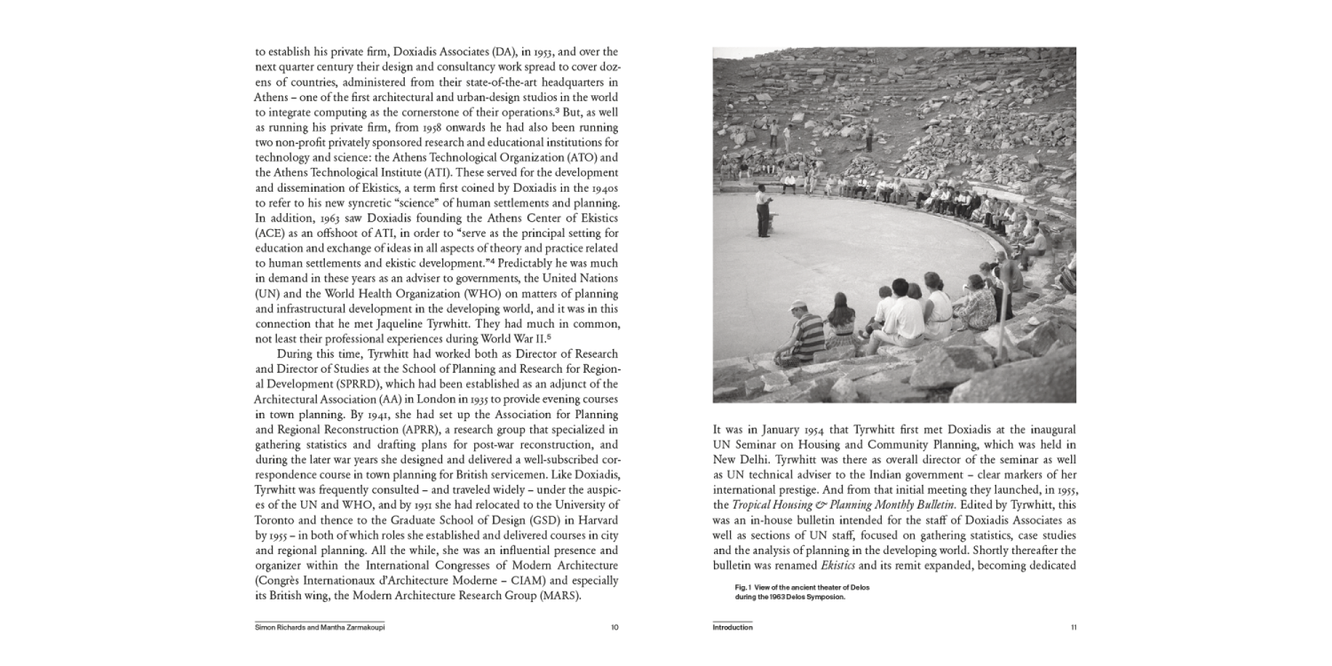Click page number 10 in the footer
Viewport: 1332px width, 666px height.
[614, 627]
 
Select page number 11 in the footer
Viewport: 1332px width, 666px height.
[1073, 627]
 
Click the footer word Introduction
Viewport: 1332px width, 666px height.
[733, 627]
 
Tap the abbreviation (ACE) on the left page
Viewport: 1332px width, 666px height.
[269, 233]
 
